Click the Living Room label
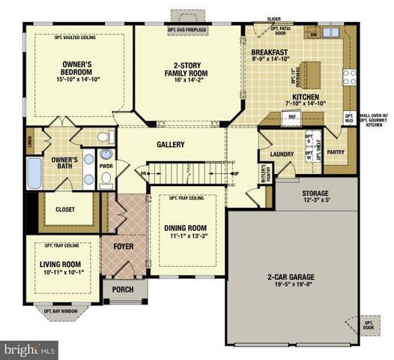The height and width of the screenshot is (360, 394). (x=60, y=264)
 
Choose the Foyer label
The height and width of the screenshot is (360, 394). (x=123, y=245)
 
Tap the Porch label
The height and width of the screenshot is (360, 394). (x=122, y=289)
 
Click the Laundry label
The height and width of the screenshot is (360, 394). (x=281, y=154)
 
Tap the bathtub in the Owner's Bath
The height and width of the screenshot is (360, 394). (x=33, y=174)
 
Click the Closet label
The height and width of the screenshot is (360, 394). (x=65, y=210)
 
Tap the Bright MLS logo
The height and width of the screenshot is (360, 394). (x=30, y=349)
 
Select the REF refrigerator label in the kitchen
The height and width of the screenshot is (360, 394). (x=291, y=117)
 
